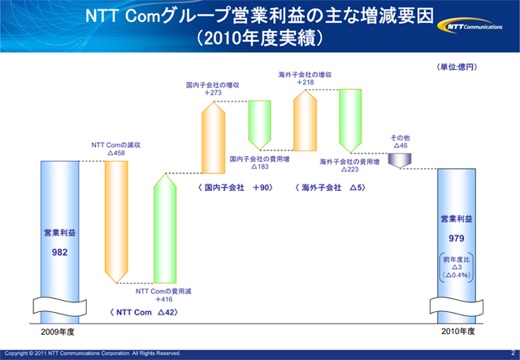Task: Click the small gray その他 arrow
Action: click(x=400, y=161)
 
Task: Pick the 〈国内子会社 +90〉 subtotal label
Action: click(x=235, y=188)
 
